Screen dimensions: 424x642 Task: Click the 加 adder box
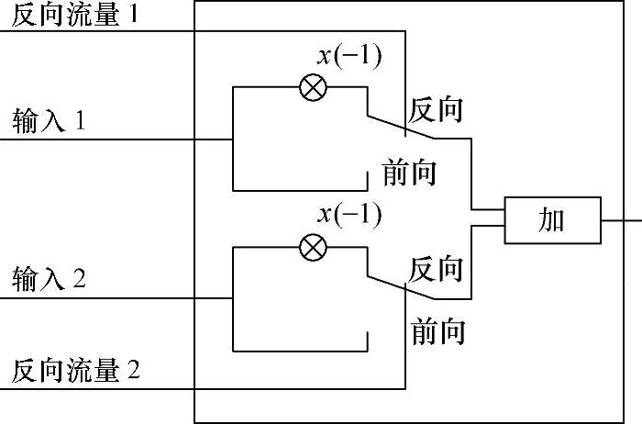coord(552,219)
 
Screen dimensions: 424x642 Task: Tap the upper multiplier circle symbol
coord(314,88)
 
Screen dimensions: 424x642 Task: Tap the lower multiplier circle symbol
coord(314,246)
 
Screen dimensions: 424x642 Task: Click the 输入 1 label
coord(50,122)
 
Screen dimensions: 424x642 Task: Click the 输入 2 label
coord(50,279)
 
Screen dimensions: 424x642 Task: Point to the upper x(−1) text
coord(349,56)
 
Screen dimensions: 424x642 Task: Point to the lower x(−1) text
coord(349,215)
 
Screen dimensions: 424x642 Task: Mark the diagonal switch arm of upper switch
coord(401,128)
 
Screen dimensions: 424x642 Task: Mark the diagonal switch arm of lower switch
coord(401,287)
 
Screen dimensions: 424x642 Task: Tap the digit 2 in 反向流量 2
coord(134,371)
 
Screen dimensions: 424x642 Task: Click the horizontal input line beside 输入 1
coord(138,140)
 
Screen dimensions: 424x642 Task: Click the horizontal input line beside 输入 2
coord(138,298)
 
